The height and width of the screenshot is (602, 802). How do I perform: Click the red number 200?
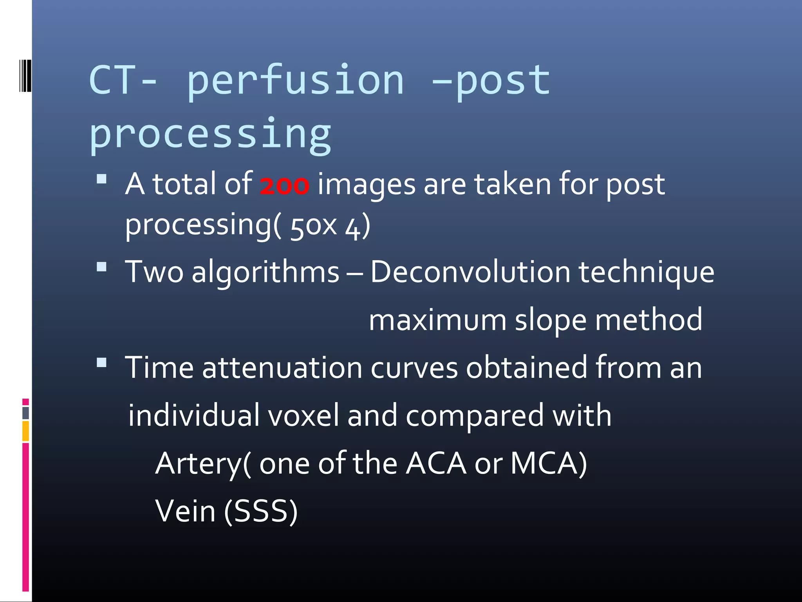click(x=284, y=185)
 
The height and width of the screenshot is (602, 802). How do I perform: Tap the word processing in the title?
click(x=210, y=134)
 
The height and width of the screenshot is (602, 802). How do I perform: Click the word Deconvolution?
click(x=470, y=272)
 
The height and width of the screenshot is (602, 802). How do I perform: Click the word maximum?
click(x=437, y=320)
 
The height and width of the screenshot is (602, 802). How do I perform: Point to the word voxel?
click(x=303, y=415)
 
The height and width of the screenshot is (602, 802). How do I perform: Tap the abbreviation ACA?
click(x=436, y=464)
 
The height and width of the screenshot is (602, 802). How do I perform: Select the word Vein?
click(x=186, y=511)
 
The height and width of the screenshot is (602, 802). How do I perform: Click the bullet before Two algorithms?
click(x=102, y=267)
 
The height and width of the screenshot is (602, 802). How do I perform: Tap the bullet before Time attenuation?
click(x=102, y=363)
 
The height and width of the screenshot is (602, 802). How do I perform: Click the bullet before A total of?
click(x=102, y=179)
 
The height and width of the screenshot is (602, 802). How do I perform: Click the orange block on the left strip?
click(x=25, y=431)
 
